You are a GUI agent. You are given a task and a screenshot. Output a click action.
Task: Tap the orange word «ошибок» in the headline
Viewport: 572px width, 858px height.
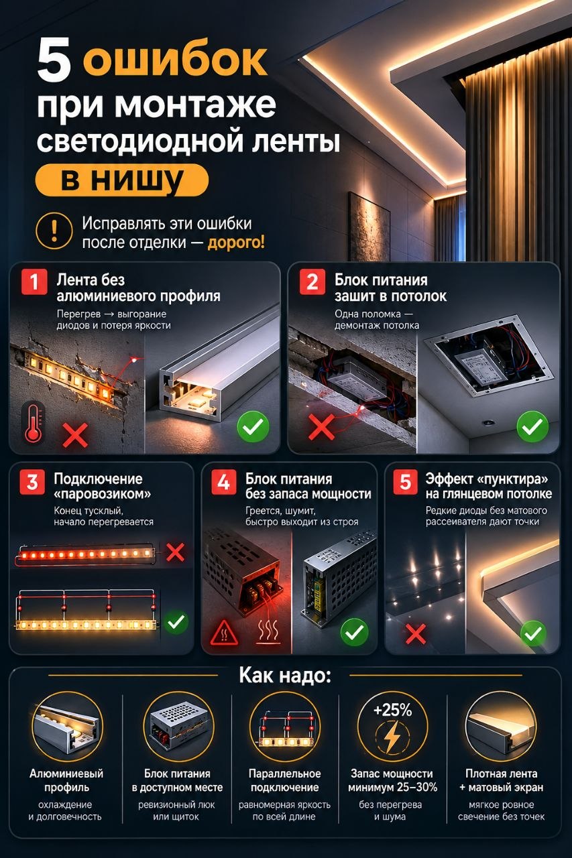click(175, 60)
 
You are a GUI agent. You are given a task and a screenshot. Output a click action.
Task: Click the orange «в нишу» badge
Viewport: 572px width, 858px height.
click(122, 180)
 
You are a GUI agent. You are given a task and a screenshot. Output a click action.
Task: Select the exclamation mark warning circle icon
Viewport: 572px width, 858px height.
click(54, 231)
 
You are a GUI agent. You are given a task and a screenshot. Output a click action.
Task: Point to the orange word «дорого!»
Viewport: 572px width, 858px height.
click(236, 243)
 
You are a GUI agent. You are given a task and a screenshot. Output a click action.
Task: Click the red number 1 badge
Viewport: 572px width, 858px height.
click(34, 282)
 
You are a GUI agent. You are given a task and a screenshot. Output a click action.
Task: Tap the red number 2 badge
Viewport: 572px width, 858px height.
click(312, 282)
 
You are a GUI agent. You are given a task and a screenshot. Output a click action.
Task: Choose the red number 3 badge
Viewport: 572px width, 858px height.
click(32, 482)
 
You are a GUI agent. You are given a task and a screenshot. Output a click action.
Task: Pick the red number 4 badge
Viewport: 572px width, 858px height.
click(224, 482)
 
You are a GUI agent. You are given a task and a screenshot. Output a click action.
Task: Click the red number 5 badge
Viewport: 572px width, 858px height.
click(405, 482)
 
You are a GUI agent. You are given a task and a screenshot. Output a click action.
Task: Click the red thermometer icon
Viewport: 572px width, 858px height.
click(34, 422)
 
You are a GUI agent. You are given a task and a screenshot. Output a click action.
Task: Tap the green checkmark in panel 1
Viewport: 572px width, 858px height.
click(253, 427)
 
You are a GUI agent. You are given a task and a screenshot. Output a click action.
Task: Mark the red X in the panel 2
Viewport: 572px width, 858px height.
click(321, 427)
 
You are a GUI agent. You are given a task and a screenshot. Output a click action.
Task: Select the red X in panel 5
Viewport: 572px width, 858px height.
click(416, 634)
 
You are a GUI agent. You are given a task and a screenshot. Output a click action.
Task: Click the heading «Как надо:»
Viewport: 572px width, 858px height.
click(285, 685)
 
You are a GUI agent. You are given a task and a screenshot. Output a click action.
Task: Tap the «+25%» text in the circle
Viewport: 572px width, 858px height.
click(392, 710)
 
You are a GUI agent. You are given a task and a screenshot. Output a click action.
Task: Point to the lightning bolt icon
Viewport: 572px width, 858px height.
click(392, 736)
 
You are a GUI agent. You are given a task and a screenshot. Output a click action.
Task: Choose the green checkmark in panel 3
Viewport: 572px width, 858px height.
click(176, 622)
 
